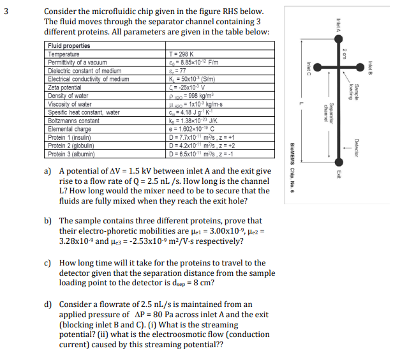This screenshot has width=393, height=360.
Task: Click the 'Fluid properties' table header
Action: coord(69,46)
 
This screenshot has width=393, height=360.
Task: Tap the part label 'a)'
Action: coord(48,172)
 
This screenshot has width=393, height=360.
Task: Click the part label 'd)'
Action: coord(48,304)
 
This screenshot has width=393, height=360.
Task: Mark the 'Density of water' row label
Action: coord(71,95)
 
